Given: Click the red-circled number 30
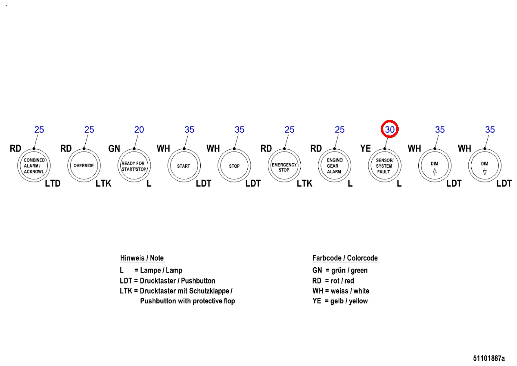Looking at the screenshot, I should [x=389, y=130].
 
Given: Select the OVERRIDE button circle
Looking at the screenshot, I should [x=84, y=166].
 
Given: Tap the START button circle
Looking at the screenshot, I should [x=184, y=166].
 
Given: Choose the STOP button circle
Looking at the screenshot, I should [x=234, y=166].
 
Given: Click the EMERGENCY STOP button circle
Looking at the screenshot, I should [x=284, y=166].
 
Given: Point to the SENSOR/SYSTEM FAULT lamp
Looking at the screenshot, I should [x=384, y=166].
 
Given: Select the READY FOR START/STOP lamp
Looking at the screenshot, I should [x=133, y=166].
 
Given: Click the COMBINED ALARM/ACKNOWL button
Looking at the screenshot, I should [x=34, y=166].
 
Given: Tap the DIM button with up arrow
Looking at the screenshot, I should [x=435, y=166].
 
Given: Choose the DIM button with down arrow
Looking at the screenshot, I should [x=484, y=166].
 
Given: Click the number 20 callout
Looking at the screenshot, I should [x=139, y=130].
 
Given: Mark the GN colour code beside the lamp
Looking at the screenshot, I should [x=114, y=149].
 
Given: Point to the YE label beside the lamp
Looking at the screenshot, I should [x=365, y=149].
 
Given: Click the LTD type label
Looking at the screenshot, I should [x=52, y=184].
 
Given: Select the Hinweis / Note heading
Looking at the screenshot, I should [x=142, y=258].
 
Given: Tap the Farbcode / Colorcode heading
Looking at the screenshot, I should [x=345, y=258].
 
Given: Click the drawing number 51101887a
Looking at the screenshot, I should [x=488, y=359].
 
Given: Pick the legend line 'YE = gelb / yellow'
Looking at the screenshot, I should [x=340, y=301].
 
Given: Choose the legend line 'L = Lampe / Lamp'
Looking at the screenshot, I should [x=151, y=271].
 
